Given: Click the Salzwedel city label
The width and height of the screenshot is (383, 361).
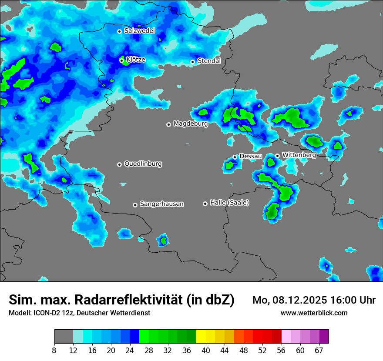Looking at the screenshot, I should coord(139,31).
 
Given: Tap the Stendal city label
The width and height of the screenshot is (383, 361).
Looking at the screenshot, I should coord(209,61).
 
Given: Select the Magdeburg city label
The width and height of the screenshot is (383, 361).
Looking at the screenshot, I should coord(190,124).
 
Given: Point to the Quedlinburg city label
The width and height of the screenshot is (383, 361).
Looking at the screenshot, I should coord(143,164).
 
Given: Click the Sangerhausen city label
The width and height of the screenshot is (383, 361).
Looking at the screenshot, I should coord(161,204).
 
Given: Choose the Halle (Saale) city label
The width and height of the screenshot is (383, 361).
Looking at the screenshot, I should coord(229,203).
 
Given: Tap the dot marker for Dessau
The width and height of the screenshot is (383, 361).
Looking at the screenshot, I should coord(235,157).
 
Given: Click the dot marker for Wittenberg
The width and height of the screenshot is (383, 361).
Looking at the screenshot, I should coord(277,156).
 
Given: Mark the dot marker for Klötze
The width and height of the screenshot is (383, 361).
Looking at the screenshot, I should coord(122,60).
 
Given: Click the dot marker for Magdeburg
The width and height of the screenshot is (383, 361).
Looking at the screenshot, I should coord(168,124).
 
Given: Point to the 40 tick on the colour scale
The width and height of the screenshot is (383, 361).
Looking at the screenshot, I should coord(206,351).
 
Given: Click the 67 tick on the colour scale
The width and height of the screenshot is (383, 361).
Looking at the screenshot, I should coord(319,351).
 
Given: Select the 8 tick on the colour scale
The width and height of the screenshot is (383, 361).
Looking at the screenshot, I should coord(55,351).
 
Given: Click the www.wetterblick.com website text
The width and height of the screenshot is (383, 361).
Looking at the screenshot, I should coord(314,313).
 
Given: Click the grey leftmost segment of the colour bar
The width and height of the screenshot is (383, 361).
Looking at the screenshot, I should coord(64,336).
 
